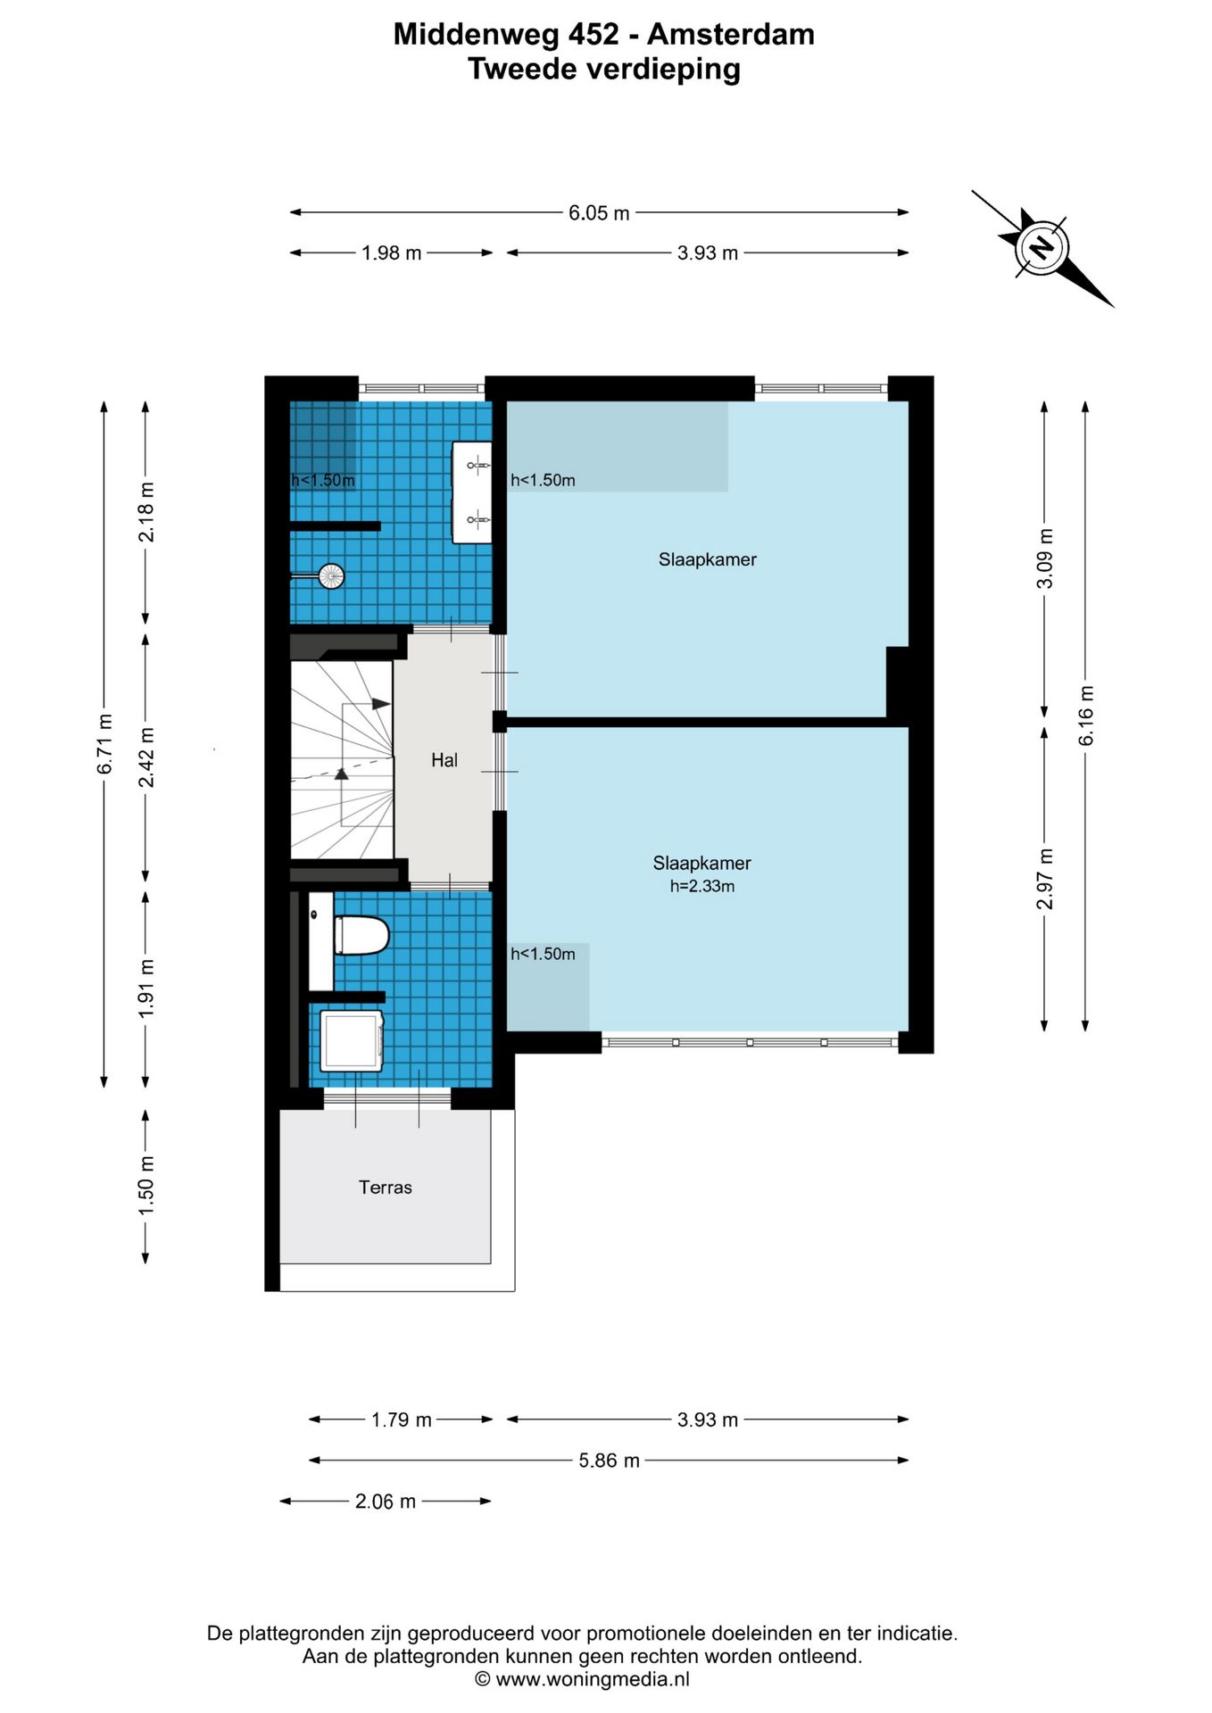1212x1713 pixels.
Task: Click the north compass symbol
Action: (1041, 247)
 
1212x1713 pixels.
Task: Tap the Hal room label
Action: (444, 760)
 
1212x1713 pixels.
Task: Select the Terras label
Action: (386, 1188)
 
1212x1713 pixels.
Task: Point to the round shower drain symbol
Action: (331, 576)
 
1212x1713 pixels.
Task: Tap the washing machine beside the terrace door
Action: (352, 1040)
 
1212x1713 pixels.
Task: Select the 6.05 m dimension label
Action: (599, 213)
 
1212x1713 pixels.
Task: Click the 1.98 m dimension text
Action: (391, 253)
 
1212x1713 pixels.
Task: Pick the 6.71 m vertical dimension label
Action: (105, 744)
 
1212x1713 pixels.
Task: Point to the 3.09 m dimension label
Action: (1044, 559)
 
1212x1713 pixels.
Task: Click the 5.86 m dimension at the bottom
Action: (609, 1461)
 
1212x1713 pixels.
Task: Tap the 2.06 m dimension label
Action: (386, 1502)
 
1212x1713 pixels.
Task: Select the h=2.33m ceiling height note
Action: (702, 886)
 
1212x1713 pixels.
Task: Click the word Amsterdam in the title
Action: (731, 34)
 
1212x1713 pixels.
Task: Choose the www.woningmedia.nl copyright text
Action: (582, 1679)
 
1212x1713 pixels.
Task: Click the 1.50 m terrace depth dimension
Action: (146, 1186)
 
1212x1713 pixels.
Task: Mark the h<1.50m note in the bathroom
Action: (323, 480)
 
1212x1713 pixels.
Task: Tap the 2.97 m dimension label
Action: (1044, 879)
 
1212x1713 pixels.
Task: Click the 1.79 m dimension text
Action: (401, 1419)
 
